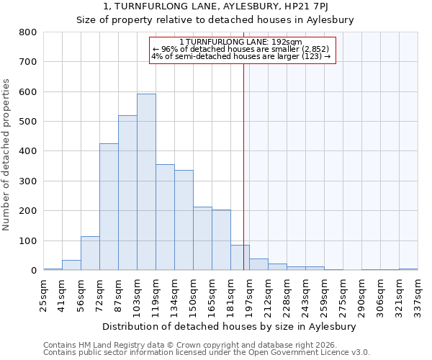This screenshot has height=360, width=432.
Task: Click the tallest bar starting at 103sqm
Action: (146, 182)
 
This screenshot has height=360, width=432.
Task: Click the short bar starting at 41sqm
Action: (71, 265)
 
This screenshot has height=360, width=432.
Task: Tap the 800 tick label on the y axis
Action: (28, 32)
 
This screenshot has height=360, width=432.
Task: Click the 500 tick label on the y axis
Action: (28, 122)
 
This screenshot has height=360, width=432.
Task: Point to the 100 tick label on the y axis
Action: (28, 240)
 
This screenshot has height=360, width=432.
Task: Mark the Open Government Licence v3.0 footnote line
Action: (207, 353)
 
